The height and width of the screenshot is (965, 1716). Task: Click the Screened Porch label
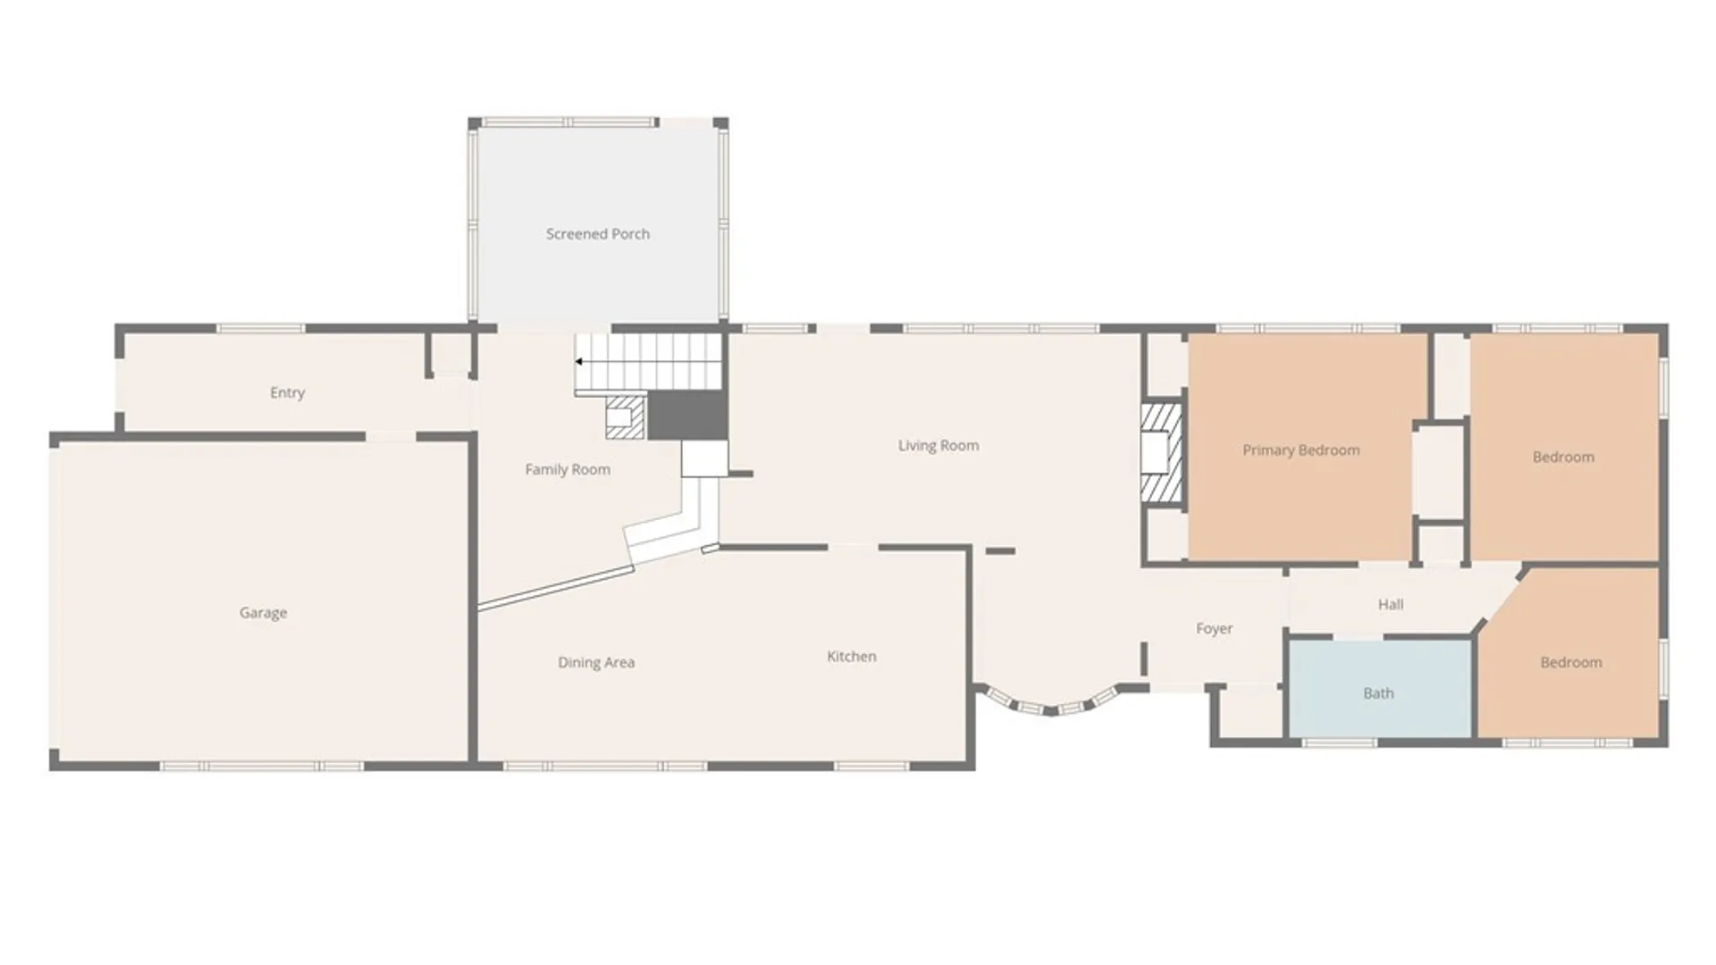[x=597, y=234]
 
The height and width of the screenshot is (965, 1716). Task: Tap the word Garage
[x=263, y=613]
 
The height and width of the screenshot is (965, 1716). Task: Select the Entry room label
[x=287, y=392]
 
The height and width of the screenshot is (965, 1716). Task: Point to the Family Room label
[x=568, y=469]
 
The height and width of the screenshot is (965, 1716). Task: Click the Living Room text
[x=938, y=445]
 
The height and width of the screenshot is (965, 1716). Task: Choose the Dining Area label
[x=596, y=662]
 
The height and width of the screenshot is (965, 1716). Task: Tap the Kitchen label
[x=851, y=656]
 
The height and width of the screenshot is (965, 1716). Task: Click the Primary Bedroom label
[x=1300, y=450]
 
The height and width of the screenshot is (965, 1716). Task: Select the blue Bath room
[x=1378, y=688]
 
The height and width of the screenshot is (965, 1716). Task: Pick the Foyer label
[x=1214, y=628]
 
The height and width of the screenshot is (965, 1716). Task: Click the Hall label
[x=1390, y=604]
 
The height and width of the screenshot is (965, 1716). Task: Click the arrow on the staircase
[x=579, y=362]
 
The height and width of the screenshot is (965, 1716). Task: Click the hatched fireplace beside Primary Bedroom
[x=1162, y=453]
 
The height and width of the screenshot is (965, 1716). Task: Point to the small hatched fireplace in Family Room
[x=624, y=417]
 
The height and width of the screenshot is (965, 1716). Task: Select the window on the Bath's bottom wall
[x=1338, y=743]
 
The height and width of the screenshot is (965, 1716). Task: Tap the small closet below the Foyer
[x=1249, y=713]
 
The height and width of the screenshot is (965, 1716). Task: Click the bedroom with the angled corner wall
[x=1570, y=661]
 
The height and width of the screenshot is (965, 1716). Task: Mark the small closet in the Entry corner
[x=450, y=355]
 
